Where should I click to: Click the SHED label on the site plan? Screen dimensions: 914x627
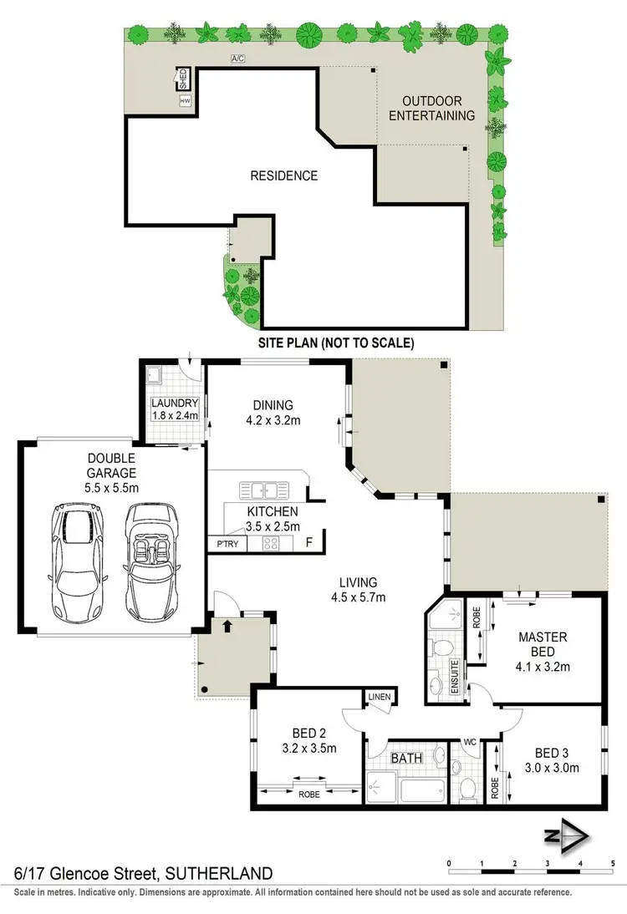[184, 80]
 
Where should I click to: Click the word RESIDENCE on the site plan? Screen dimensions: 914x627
[284, 175]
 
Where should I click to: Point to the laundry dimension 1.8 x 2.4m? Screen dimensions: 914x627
[175, 415]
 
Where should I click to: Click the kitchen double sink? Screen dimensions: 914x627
[264, 490]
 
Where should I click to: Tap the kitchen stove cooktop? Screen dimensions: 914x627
[272, 544]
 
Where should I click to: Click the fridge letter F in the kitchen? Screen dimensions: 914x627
[309, 543]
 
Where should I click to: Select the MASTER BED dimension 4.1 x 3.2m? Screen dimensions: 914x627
[543, 667]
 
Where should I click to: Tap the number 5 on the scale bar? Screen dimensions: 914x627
[613, 863]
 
